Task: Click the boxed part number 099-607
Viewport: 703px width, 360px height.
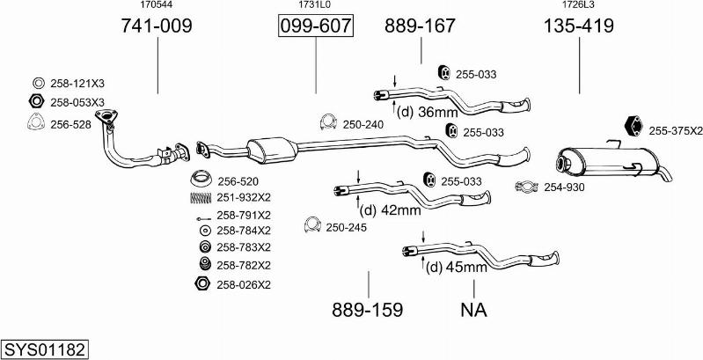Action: click(x=315, y=26)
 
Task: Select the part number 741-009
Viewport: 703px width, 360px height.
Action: click(x=157, y=26)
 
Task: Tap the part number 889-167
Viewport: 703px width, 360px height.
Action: click(x=420, y=26)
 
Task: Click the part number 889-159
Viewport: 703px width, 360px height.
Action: click(x=367, y=310)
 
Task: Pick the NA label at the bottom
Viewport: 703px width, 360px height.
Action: click(x=473, y=310)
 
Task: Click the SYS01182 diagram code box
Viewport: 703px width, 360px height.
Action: click(x=45, y=349)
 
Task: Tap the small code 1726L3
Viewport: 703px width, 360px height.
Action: click(x=578, y=5)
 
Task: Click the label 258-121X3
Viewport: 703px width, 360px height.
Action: click(x=77, y=83)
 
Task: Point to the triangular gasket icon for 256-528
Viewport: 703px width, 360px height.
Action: click(x=36, y=124)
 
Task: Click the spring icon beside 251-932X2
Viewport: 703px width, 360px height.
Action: click(x=201, y=197)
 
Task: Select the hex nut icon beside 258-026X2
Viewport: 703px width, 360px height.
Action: click(x=201, y=284)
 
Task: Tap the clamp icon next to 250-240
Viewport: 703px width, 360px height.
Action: click(x=328, y=123)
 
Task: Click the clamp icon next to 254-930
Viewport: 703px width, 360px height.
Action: click(x=527, y=187)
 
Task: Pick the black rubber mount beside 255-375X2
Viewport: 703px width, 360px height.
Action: click(x=633, y=128)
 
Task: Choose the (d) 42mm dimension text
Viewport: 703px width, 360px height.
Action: click(x=392, y=209)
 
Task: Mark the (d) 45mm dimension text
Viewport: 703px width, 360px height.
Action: click(x=456, y=267)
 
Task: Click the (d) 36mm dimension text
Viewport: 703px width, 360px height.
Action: click(x=428, y=112)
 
